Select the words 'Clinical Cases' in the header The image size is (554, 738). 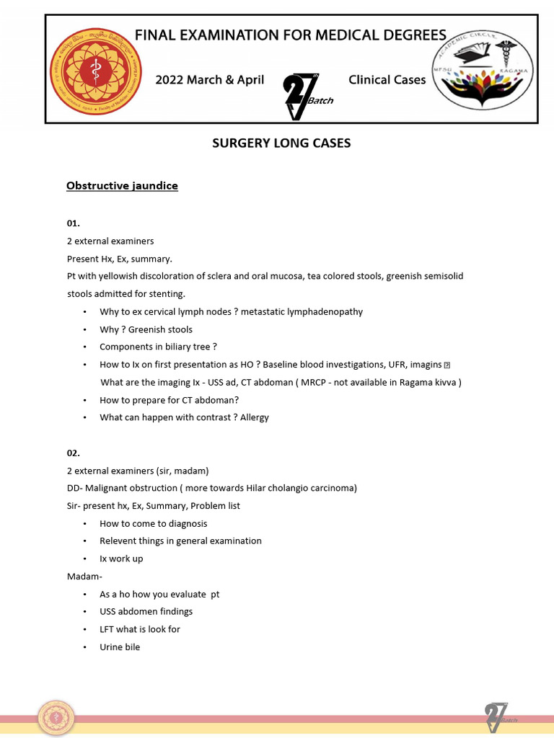387,80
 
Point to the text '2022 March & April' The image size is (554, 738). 210,80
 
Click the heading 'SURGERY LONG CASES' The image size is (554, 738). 281,143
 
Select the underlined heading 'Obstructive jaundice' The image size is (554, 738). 122,186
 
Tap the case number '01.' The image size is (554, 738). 74,224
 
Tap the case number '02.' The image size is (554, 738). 74,453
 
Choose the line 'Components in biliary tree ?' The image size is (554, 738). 159,347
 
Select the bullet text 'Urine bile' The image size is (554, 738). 120,646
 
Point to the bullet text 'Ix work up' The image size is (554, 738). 121,559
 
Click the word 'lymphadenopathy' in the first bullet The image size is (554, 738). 327,312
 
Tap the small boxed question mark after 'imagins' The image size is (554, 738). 447,365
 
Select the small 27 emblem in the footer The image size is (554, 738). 498,718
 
